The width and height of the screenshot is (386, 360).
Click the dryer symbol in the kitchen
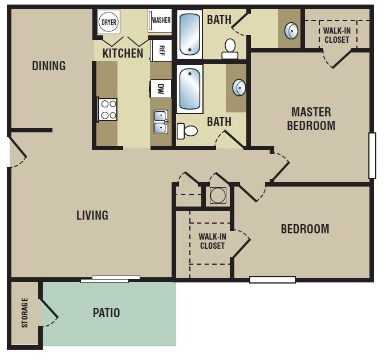108,22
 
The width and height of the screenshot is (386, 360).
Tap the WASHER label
161,21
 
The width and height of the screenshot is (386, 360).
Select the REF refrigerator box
161,50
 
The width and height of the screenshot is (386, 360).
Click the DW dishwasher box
161,88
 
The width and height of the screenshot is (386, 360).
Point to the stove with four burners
108,109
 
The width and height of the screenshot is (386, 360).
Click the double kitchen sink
161,122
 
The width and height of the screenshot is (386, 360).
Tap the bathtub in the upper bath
189,34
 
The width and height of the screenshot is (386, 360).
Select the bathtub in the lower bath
189,89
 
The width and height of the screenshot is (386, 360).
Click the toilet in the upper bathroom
230,48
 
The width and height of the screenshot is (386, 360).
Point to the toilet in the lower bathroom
188,131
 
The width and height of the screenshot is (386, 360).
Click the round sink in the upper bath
291,30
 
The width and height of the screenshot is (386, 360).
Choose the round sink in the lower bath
239,87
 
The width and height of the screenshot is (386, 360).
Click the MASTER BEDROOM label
311,119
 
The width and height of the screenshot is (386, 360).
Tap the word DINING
48,66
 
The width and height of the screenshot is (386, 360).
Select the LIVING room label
92,215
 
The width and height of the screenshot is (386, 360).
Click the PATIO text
107,313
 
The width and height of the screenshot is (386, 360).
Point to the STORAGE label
25,313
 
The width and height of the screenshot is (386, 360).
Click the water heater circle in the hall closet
218,195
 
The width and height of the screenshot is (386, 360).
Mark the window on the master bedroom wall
372,155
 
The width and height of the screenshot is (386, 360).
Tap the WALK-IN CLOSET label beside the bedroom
212,241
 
